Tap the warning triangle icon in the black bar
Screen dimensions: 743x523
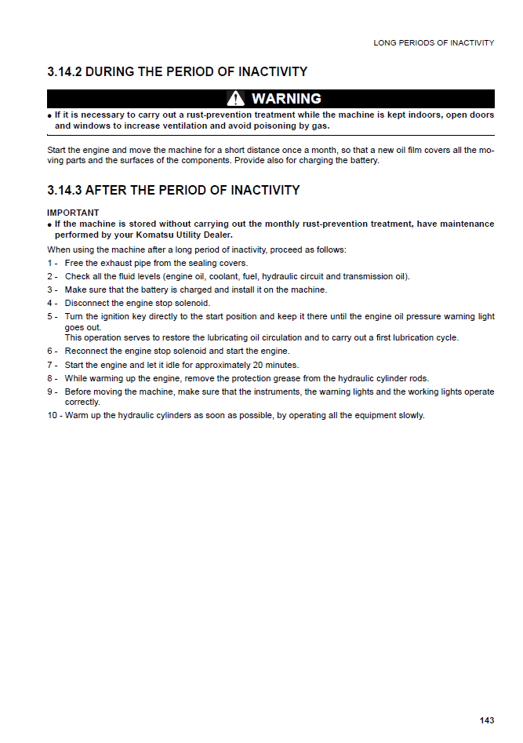pos(235,99)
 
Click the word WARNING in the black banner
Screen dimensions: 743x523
pos(286,99)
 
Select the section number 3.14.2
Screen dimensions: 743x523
pos(64,72)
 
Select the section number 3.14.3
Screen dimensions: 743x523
pos(64,191)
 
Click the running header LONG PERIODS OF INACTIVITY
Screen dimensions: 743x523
pos(434,42)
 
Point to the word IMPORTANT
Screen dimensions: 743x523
pos(73,213)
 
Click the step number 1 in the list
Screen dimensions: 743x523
pos(50,264)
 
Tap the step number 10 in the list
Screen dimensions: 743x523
pos(53,415)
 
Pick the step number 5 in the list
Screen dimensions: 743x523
pos(50,317)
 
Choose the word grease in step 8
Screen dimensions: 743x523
pos(302,378)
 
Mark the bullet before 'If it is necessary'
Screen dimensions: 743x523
pos(49,115)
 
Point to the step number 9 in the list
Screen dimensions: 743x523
pos(50,392)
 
